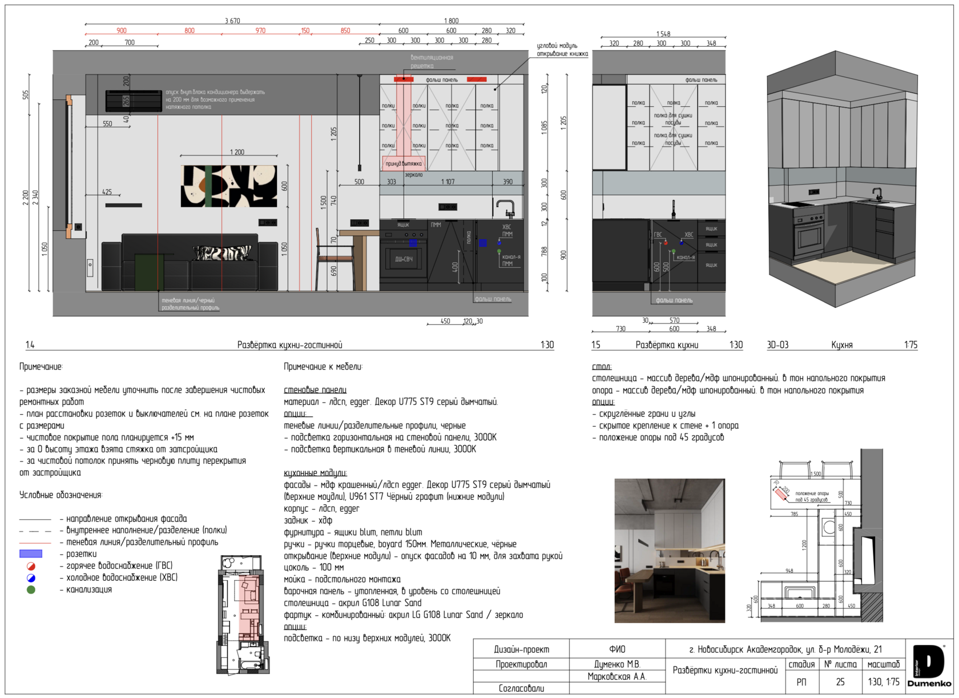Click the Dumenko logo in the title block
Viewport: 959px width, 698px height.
(x=929, y=666)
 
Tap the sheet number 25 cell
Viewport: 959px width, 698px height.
(x=840, y=681)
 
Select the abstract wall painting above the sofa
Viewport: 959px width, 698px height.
(x=229, y=186)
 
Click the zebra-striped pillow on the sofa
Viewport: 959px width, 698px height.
(x=223, y=252)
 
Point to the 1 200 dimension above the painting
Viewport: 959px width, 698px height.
(x=237, y=152)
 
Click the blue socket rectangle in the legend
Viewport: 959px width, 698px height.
(x=31, y=553)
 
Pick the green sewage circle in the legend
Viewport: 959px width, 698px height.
(x=31, y=589)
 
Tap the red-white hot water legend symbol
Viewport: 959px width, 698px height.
(x=31, y=566)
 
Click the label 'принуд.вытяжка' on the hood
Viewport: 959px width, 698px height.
(x=404, y=164)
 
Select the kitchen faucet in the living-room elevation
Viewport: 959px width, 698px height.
(x=505, y=208)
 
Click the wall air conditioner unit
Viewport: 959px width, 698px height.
(x=134, y=101)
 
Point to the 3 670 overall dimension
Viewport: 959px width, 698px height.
(x=232, y=21)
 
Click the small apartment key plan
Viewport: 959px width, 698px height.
(x=243, y=614)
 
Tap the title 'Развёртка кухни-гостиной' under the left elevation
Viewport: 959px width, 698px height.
(x=289, y=345)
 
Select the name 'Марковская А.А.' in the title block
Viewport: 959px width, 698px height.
(x=617, y=676)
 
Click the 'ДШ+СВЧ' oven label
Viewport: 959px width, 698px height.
(x=404, y=259)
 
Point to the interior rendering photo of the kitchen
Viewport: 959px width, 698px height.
(x=670, y=551)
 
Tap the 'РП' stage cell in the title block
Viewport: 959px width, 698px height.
(x=801, y=681)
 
